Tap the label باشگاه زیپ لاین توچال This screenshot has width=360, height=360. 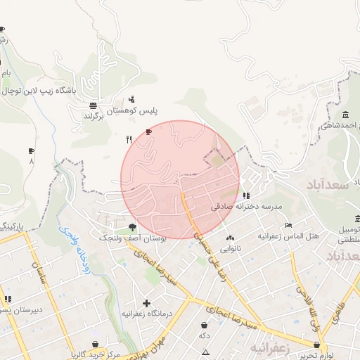click(49, 91)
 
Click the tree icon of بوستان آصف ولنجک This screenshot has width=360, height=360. click(132, 226)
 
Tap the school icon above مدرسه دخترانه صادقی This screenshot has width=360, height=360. click(245, 196)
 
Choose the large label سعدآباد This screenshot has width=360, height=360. click(329, 184)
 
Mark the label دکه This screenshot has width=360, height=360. click(204, 336)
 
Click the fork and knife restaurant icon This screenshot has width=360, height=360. click(128, 139)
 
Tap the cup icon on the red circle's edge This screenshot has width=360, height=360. click(148, 131)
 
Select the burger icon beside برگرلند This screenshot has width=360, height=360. click(93, 105)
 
